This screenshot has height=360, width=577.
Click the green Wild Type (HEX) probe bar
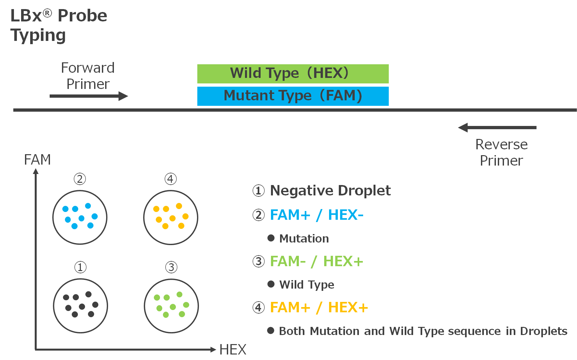(x=293, y=74)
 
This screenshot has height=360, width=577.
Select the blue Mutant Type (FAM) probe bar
(x=293, y=96)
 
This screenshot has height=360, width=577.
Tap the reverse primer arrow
(x=497, y=128)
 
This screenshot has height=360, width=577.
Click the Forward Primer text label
(x=88, y=76)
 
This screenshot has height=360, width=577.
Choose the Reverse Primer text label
(x=501, y=153)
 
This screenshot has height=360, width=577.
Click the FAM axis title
(x=37, y=160)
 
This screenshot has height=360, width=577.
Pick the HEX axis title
(x=233, y=350)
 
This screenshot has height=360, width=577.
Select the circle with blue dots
(x=80, y=217)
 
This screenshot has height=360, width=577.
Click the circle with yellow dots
(x=171, y=217)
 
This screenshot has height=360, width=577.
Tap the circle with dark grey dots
(x=80, y=305)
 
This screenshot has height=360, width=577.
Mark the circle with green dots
(x=171, y=305)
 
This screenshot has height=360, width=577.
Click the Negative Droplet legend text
(x=330, y=191)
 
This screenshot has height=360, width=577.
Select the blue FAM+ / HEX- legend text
(x=316, y=215)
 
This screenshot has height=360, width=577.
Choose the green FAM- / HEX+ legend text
(x=316, y=261)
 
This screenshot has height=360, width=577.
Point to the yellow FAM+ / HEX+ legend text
(x=319, y=307)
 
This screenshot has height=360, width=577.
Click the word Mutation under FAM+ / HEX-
(x=304, y=239)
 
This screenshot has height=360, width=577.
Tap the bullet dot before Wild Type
(x=271, y=284)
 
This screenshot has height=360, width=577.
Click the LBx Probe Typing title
(x=58, y=25)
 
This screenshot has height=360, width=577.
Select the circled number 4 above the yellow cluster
(x=171, y=179)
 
